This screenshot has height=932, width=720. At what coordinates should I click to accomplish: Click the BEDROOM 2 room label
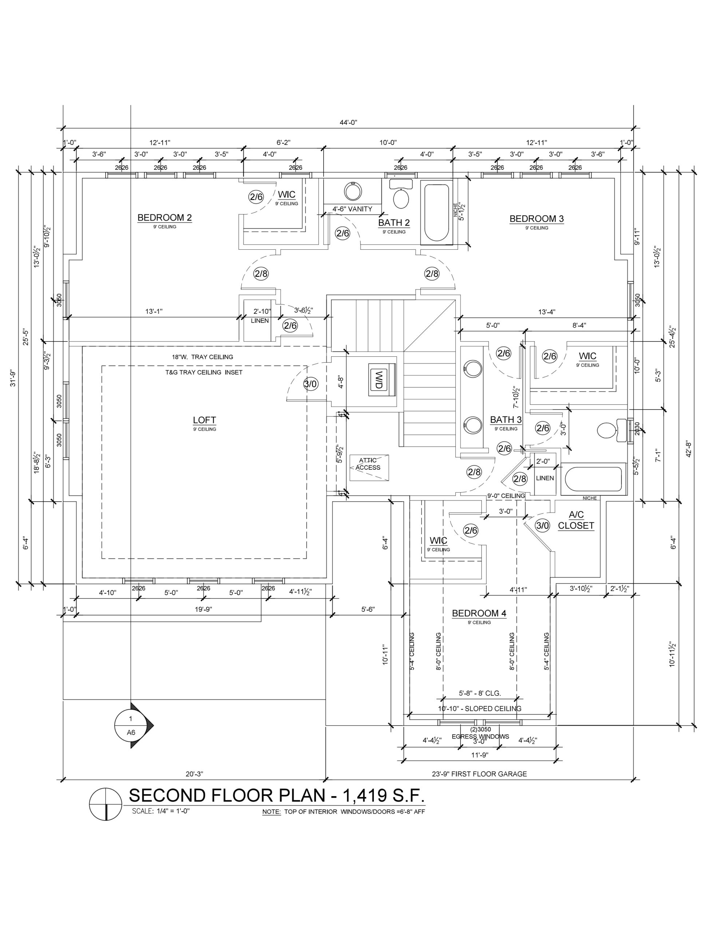(164, 218)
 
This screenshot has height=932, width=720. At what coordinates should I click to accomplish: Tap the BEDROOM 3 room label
(537, 219)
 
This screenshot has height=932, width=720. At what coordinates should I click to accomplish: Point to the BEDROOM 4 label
(479, 613)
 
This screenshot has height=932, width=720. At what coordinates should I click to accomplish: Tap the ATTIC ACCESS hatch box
(369, 467)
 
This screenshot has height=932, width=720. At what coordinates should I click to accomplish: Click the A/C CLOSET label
(576, 520)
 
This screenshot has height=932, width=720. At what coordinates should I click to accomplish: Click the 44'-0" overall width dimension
(348, 122)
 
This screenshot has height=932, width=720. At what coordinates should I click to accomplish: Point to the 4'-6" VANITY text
(352, 209)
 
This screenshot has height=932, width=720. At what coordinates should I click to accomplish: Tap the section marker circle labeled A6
(131, 726)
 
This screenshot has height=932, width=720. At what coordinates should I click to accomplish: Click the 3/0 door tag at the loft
(310, 384)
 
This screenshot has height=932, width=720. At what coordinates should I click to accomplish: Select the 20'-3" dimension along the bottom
(195, 774)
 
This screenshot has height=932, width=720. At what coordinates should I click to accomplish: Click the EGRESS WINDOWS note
(480, 736)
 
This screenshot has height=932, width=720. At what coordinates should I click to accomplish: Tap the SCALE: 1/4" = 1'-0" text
(161, 811)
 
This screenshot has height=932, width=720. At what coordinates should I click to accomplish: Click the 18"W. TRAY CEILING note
(202, 357)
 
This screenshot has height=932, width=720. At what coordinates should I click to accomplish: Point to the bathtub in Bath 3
(593, 479)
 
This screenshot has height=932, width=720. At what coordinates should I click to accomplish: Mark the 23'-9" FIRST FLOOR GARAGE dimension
(479, 774)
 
